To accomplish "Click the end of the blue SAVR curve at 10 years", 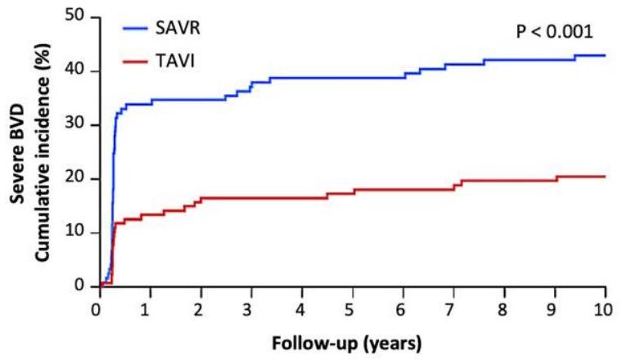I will pos(605,55).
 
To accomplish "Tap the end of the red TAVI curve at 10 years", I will pos(605,176).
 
